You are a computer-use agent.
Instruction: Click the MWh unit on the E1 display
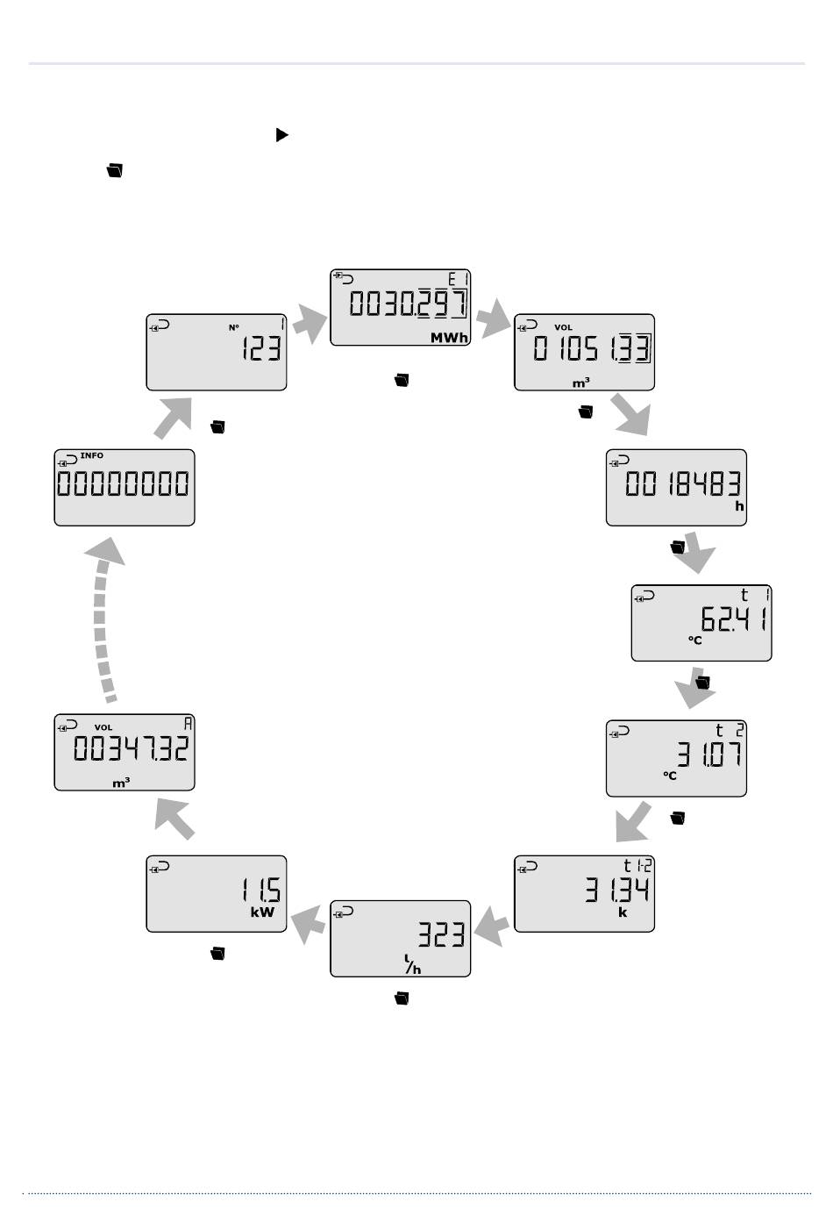coord(448,338)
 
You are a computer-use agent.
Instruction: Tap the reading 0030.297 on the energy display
coord(408,304)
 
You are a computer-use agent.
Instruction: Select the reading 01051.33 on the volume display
coord(592,350)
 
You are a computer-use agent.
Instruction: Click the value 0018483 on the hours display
coord(683,484)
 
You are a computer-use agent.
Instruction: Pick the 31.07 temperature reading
coord(708,755)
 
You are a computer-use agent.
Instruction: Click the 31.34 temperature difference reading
coord(617,891)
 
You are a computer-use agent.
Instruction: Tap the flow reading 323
coord(440,935)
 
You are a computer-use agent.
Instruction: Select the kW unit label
coord(262,912)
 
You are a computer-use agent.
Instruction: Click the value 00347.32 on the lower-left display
coord(131,749)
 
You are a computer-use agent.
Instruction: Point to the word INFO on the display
coord(91,456)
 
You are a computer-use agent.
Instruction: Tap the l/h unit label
coord(412,965)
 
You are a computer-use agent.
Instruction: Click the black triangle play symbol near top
coord(281,135)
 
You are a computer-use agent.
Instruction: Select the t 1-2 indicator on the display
coord(637,865)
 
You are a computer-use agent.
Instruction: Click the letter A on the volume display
coord(188,725)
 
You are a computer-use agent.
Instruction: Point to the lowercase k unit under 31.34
coord(623,912)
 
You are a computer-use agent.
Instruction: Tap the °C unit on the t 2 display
coord(670,776)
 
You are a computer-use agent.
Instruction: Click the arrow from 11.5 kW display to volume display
coord(174,818)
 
